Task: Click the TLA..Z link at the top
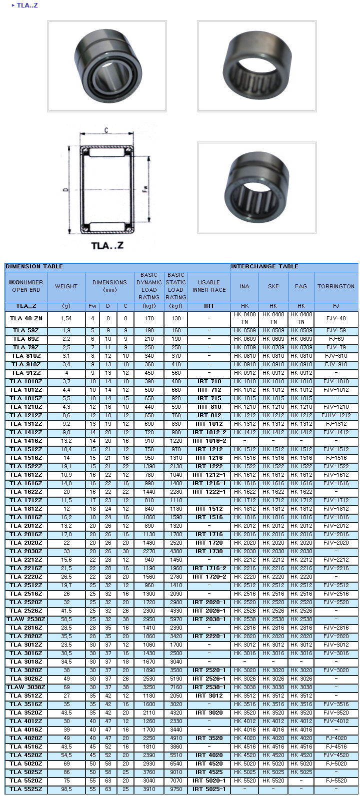click(x=27, y=5)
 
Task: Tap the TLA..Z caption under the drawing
click(x=107, y=245)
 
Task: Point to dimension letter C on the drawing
click(x=106, y=130)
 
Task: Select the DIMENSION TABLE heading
click(x=34, y=267)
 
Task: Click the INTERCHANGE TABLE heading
click(x=264, y=267)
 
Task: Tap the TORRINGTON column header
click(x=336, y=286)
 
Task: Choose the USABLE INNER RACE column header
click(x=209, y=286)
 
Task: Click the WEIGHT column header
click(x=66, y=286)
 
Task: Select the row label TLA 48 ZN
click(x=26, y=318)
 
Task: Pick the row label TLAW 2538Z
click(x=26, y=620)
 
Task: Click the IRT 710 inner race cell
click(x=209, y=382)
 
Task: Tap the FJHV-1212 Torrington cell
click(x=336, y=416)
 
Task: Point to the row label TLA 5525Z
click(x=26, y=790)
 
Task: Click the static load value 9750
click(x=176, y=790)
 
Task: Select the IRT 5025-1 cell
click(x=209, y=790)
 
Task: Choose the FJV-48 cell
click(x=336, y=318)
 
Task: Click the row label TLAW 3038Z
click(x=26, y=688)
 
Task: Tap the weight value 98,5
click(x=66, y=790)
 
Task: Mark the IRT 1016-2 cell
click(x=209, y=441)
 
